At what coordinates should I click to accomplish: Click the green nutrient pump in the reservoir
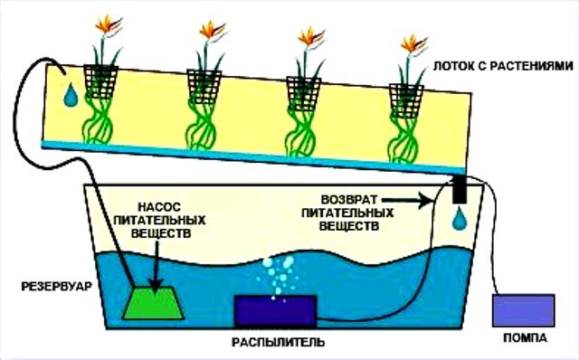click(x=157, y=301)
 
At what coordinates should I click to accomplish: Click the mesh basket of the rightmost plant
click(x=407, y=98)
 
